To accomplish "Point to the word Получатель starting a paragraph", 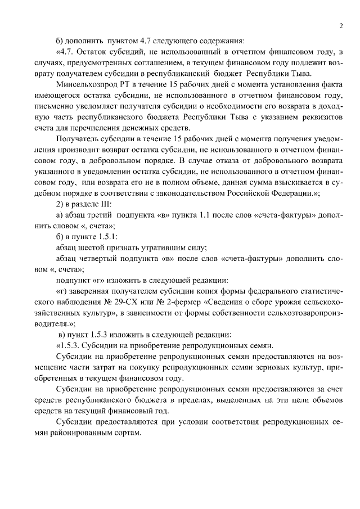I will click(x=78, y=148).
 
